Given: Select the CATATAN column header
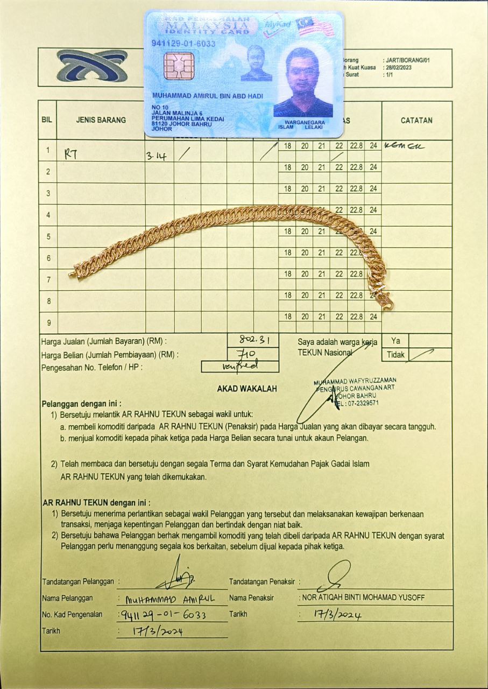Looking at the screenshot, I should coord(416,121).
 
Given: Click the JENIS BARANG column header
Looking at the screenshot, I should coord(101,120).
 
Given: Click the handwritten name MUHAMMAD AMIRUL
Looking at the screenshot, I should coord(170,599).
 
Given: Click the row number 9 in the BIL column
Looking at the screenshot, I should coord(48,322).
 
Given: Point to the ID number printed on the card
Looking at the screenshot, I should coord(183,44).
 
